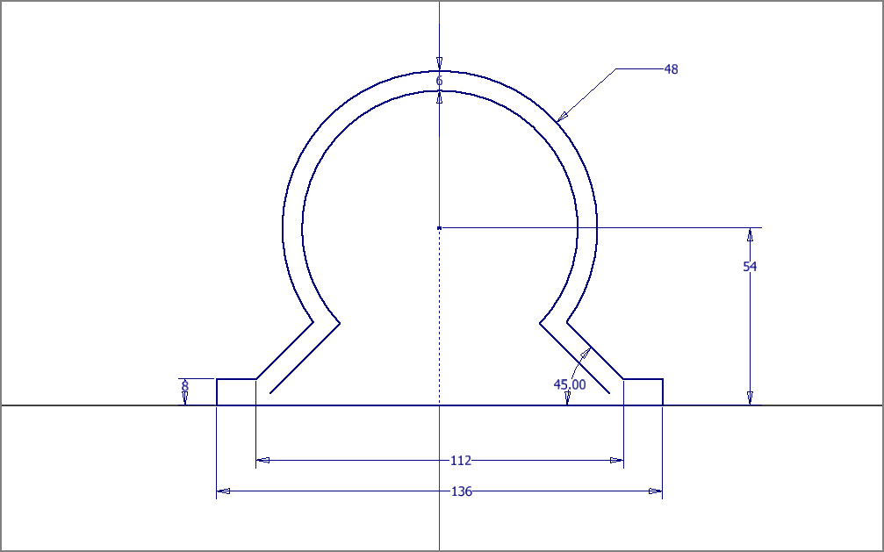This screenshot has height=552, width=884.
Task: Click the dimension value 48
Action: [x=671, y=69]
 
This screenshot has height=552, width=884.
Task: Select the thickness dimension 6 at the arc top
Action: [x=439, y=82]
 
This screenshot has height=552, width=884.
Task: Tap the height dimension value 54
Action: [x=750, y=267]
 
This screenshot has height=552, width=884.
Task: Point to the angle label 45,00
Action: [x=570, y=384]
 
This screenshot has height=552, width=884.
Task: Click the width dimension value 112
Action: [x=461, y=461]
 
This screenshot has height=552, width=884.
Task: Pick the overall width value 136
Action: [x=461, y=491]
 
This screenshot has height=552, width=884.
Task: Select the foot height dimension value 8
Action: [x=185, y=387]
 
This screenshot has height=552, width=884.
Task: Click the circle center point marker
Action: [x=439, y=228]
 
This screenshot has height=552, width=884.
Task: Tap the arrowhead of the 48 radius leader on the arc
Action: [x=562, y=116]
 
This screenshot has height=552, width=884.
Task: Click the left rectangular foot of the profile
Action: [x=236, y=392]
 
